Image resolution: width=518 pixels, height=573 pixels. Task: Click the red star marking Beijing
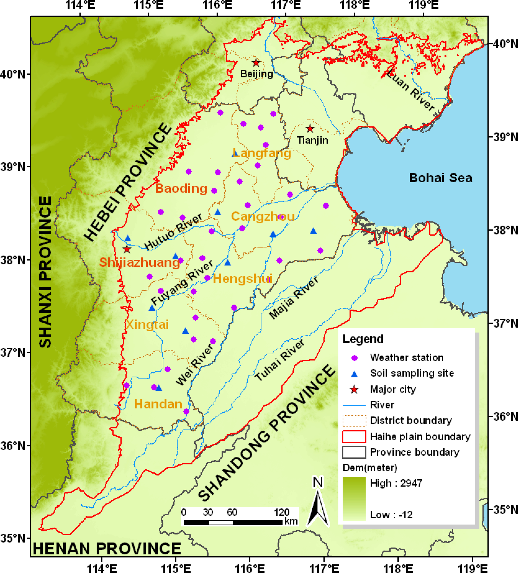[x=256, y=62]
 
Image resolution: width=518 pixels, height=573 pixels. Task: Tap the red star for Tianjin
[x=310, y=129]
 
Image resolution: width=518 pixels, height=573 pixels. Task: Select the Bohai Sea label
[x=440, y=178]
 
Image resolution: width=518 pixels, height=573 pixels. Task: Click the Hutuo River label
[x=173, y=232]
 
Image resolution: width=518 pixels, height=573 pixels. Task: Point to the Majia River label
[x=294, y=297]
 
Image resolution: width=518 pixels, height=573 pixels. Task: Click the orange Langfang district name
[x=262, y=153]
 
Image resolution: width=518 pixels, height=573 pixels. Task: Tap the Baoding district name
[x=181, y=188]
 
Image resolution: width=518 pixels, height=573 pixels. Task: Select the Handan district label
[x=158, y=404]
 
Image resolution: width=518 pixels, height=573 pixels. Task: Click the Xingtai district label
[x=147, y=324]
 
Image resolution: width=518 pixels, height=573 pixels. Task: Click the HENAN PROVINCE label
[x=107, y=548]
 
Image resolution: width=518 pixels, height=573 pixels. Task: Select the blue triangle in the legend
[x=354, y=374]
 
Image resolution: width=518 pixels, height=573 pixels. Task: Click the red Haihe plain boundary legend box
[x=354, y=436]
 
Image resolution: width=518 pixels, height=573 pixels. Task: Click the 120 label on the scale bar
[x=281, y=512]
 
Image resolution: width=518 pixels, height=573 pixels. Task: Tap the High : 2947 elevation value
[x=396, y=483]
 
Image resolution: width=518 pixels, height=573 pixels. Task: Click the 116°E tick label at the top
[x=217, y=5]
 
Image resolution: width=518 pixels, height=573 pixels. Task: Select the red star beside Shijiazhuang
[x=127, y=249]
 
